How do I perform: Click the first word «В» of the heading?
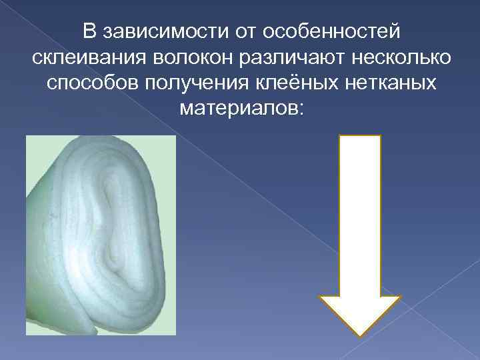90,31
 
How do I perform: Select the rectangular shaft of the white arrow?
360,213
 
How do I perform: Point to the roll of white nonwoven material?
100,233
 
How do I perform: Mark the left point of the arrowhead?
321,297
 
